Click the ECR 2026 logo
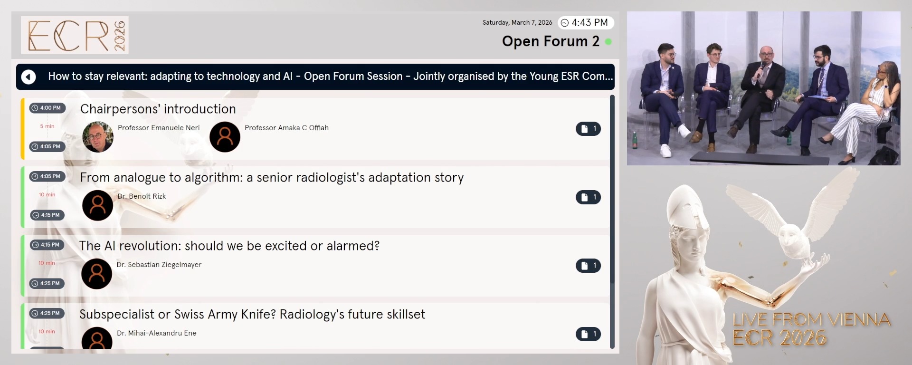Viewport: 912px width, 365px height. click(75, 35)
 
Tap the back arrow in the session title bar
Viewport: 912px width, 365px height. click(28, 77)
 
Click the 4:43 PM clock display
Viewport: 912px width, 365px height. click(585, 23)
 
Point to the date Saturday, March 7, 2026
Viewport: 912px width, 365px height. click(517, 23)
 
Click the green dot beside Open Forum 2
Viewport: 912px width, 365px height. click(608, 42)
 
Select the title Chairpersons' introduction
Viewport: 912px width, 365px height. click(158, 109)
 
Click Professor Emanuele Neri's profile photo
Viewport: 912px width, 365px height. click(98, 137)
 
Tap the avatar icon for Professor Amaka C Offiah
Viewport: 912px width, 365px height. click(225, 137)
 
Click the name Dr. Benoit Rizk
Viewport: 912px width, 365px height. click(142, 196)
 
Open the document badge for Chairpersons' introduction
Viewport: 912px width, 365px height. click(588, 129)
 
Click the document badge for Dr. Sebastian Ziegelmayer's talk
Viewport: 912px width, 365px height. click(588, 266)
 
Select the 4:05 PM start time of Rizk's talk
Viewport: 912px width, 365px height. click(47, 176)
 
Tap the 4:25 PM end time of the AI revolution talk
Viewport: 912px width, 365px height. click(47, 284)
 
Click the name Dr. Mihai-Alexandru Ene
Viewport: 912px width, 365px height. click(156, 333)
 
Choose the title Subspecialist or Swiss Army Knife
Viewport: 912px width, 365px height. click(252, 314)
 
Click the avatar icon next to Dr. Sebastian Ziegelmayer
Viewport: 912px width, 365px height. click(97, 274)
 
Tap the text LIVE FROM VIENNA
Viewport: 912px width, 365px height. click(811, 319)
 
